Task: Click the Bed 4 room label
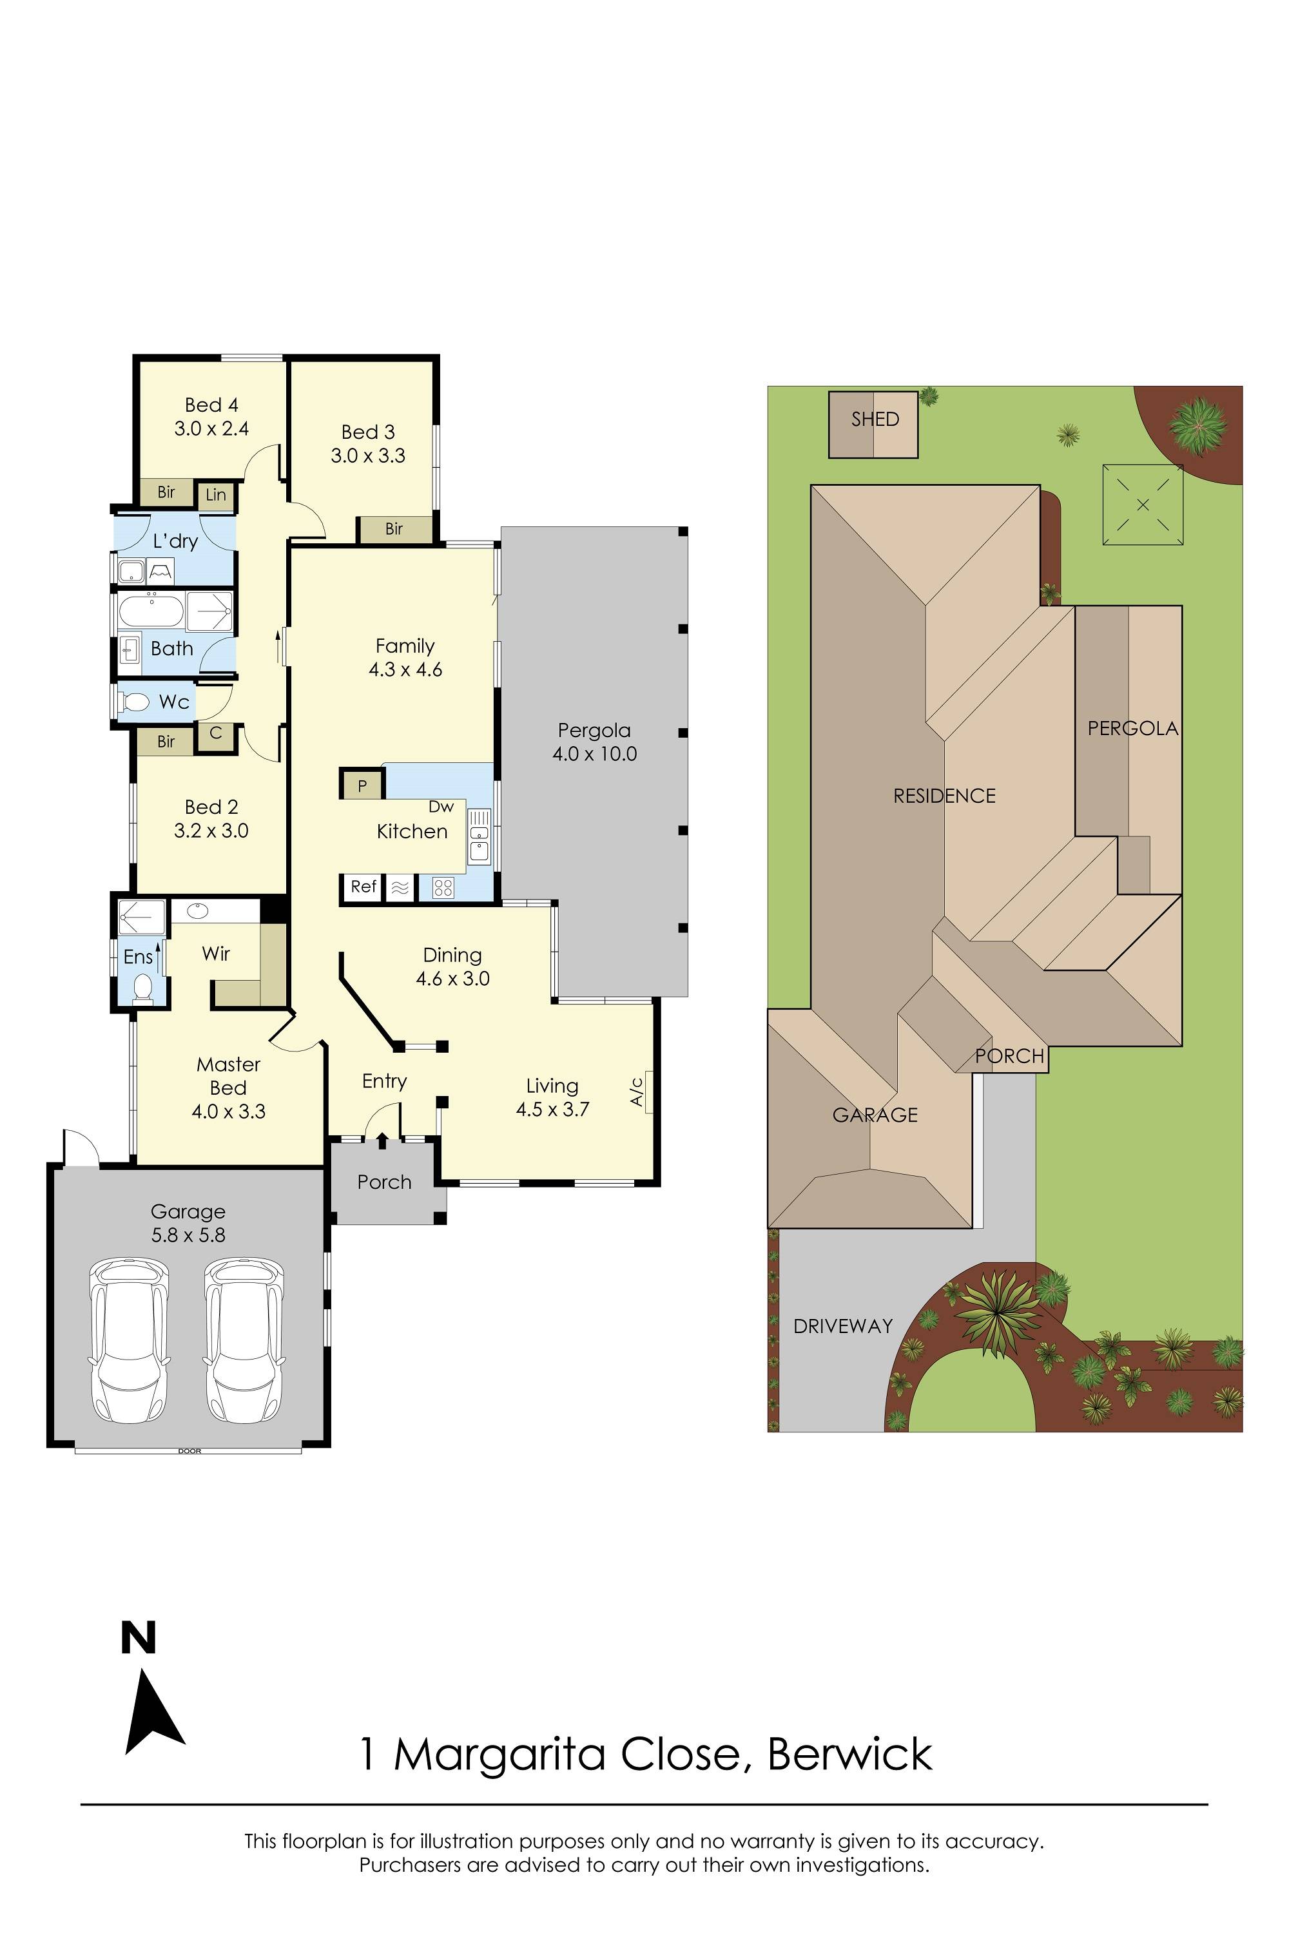[211, 405]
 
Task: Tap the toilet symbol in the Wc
[134, 702]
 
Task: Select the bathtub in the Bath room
[151, 612]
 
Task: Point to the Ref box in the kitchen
[362, 887]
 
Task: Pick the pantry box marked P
[362, 785]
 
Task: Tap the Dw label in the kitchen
[441, 807]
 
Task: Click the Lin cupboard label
[215, 495]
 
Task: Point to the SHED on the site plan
[873, 425]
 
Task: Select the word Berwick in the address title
[850, 1755]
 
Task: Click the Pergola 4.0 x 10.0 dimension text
[594, 754]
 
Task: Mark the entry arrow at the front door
[382, 1140]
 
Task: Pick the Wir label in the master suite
[216, 954]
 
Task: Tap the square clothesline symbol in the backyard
[1143, 505]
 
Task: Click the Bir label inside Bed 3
[394, 529]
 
